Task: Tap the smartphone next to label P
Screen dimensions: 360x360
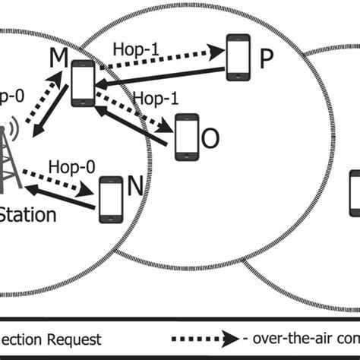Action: pyautogui.click(x=238, y=58)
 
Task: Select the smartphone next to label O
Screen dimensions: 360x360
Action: pyautogui.click(x=185, y=137)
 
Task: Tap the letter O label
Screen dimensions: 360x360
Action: pyautogui.click(x=210, y=139)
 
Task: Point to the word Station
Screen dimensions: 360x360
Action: pyautogui.click(x=28, y=215)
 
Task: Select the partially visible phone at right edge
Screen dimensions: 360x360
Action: pyautogui.click(x=354, y=193)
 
